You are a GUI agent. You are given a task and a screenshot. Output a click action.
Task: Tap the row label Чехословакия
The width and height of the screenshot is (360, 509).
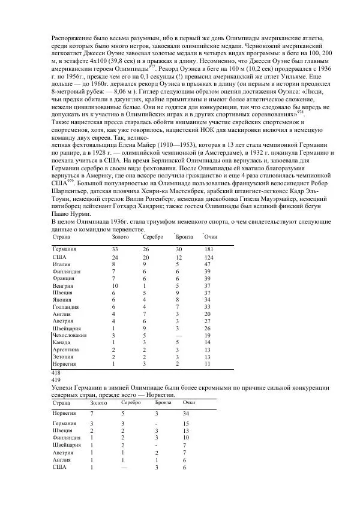[x=69, y=336]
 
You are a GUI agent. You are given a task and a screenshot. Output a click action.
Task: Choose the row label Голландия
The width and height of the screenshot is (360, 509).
[x=65, y=307]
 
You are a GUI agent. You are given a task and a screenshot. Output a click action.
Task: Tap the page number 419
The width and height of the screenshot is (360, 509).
[x=56, y=380]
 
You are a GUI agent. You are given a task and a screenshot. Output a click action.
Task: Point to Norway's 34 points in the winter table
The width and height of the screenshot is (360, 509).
[x=186, y=414]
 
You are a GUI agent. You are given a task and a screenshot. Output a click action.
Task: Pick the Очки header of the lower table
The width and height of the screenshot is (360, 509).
[x=189, y=403]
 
